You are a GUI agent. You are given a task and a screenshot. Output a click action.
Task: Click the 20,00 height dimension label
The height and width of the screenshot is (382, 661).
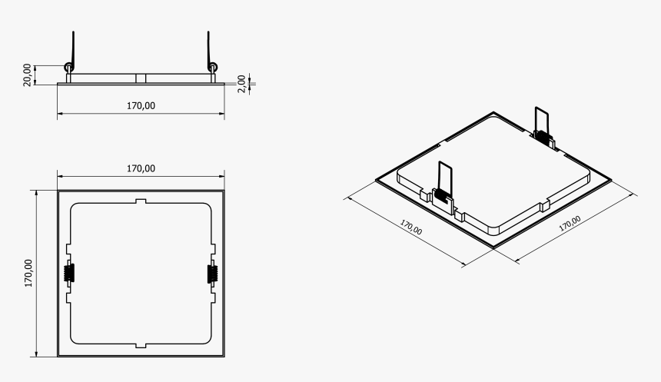28,74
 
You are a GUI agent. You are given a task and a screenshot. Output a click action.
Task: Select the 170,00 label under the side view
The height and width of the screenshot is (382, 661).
141,106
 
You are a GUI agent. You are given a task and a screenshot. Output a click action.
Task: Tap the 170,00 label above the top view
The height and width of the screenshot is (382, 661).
141,168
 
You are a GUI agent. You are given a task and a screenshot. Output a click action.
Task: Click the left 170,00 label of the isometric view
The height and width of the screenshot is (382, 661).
411,227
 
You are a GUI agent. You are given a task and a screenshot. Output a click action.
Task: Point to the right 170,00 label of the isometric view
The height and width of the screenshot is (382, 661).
569,224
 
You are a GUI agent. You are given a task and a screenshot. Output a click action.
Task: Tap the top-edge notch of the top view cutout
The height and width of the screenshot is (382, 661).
141,202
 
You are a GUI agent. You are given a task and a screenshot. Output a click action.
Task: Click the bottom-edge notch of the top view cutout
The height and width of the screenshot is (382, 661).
141,344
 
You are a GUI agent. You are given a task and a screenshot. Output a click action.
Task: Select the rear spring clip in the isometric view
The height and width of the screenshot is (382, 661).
543,127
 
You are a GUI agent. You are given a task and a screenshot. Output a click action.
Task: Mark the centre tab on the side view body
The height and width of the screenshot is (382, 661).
141,78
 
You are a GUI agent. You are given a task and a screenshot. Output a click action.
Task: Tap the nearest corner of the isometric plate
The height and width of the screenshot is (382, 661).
494,246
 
